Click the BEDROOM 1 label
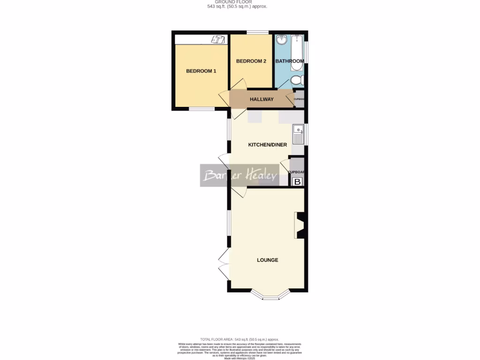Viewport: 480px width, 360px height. tap(201, 71)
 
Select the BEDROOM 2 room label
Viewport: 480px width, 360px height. tap(251, 61)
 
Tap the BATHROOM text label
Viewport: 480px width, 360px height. tap(289, 61)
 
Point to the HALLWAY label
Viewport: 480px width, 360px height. tap(262, 99)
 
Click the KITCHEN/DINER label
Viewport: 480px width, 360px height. tap(267, 145)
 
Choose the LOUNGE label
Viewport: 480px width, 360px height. tap(267, 260)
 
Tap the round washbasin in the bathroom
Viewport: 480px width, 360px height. tap(282, 40)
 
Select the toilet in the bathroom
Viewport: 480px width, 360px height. tap(297, 81)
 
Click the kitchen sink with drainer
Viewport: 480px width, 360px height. tap(298, 134)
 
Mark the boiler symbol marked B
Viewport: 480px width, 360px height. tap(297, 182)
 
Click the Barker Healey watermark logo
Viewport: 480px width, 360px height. tap(239, 175)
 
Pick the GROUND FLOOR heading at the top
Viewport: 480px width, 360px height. tap(240, 2)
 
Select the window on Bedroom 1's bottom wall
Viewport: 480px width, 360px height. tap(202, 109)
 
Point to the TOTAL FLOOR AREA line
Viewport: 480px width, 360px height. tap(240, 339)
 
